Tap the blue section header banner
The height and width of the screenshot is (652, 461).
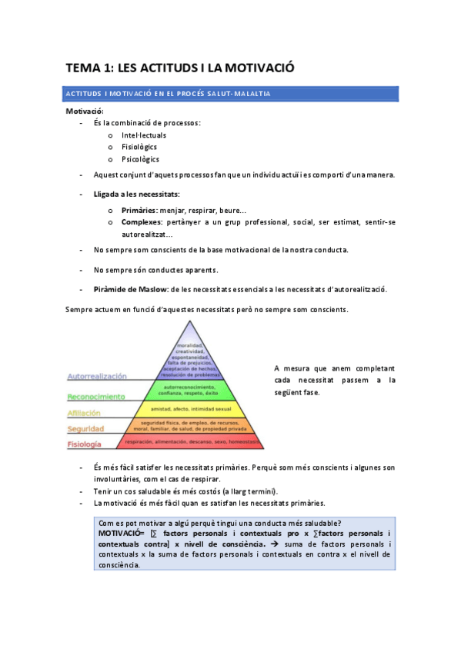[230, 94]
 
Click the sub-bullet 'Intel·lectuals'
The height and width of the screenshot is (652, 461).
[144, 135]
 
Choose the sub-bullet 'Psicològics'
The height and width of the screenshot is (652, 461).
[141, 159]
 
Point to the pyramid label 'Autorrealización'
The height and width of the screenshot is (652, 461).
[97, 378]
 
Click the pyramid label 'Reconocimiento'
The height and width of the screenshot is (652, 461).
[96, 397]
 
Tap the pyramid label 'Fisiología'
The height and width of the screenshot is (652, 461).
[85, 444]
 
